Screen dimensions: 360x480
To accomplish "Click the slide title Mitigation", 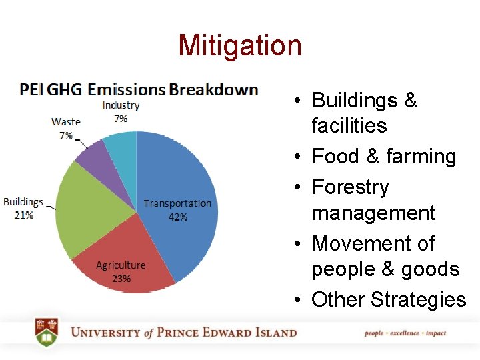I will coord(240,45).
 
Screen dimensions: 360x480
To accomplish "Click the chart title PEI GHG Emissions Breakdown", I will coord(139,89).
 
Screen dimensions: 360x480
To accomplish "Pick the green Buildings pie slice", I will coord(93,207).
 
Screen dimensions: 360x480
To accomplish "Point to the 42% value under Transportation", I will coord(177,217).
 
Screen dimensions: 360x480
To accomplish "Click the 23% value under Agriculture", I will coord(121,278).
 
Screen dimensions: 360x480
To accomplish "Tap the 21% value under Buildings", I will coord(23,215).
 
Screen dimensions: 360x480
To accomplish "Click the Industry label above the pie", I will coord(121,105).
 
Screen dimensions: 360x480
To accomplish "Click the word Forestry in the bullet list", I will coord(350,187).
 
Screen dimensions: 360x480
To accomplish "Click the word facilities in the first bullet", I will coord(349,126).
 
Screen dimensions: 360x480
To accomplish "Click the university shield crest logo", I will coord(47,332).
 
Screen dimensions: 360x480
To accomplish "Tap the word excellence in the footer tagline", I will coord(405,333).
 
